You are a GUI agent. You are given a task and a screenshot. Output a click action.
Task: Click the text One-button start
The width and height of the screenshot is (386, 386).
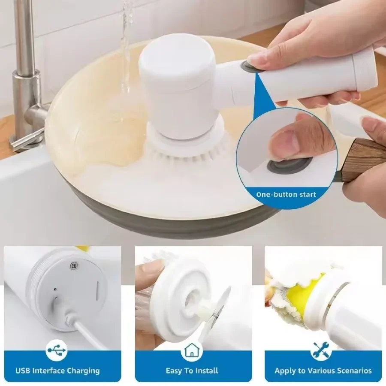tap(286, 194)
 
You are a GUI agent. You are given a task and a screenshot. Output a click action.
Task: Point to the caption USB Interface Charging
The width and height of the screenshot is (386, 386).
tap(57, 371)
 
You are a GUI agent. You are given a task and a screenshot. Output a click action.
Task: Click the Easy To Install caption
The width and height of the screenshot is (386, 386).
tap(192, 371)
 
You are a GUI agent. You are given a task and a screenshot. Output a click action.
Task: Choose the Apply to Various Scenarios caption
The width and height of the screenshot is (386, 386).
tap(323, 371)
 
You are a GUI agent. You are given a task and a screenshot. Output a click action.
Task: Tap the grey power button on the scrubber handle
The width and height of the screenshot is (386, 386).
tap(247, 66)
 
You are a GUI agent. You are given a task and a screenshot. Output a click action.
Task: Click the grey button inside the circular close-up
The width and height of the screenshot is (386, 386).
tap(290, 164)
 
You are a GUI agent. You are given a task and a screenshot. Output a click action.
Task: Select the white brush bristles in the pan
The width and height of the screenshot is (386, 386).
tap(187, 152)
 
